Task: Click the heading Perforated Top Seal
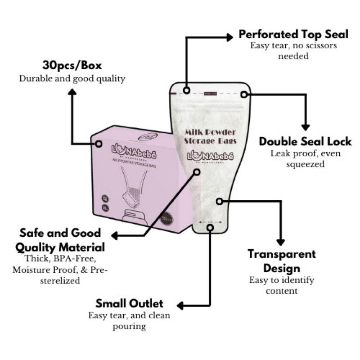pyautogui.click(x=293, y=35)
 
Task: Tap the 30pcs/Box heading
pyautogui.click(x=72, y=66)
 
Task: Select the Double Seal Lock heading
pyautogui.click(x=306, y=141)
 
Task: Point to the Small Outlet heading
pyautogui.click(x=130, y=303)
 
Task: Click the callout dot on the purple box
pyautogui.click(x=99, y=144)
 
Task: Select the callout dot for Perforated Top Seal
pyautogui.click(x=186, y=91)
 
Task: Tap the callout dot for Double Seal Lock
pyautogui.click(x=244, y=94)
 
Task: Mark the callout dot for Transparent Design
pyautogui.click(x=220, y=201)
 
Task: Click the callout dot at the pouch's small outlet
pyautogui.click(x=210, y=228)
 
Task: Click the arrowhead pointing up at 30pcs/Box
pyautogui.click(x=72, y=92)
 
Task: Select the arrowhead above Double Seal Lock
pyautogui.click(x=306, y=127)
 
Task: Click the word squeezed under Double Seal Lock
pyautogui.click(x=305, y=164)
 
